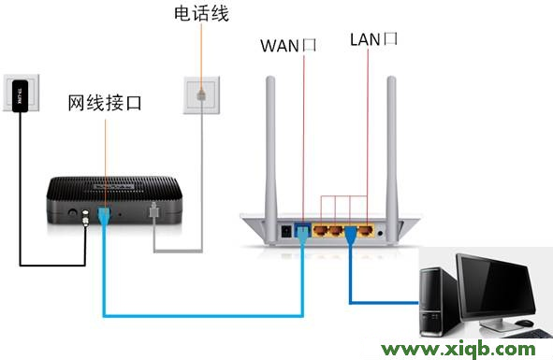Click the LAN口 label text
373,39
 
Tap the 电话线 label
200,14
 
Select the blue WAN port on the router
302,227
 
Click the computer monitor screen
503,285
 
